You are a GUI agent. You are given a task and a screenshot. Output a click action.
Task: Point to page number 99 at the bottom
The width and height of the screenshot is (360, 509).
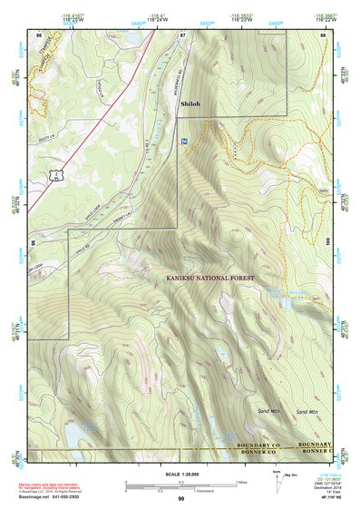pos(180,499)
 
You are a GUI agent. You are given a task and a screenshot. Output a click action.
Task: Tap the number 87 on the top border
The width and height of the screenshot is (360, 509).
pos(182,34)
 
